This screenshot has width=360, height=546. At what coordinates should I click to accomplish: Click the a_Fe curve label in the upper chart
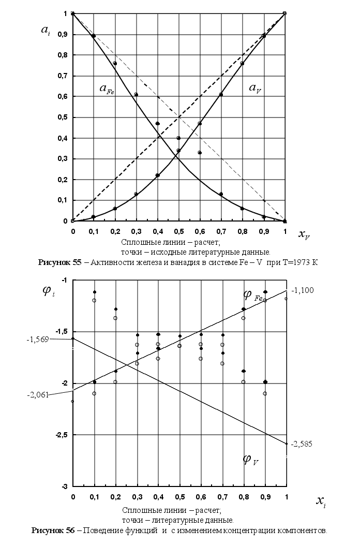107,89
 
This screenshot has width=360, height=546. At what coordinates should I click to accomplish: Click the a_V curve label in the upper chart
255,89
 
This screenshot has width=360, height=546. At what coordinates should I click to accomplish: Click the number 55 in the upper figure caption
77,262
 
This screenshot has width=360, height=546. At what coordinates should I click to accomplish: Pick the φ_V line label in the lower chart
251,460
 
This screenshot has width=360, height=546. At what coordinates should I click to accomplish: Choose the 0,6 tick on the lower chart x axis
201,497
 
